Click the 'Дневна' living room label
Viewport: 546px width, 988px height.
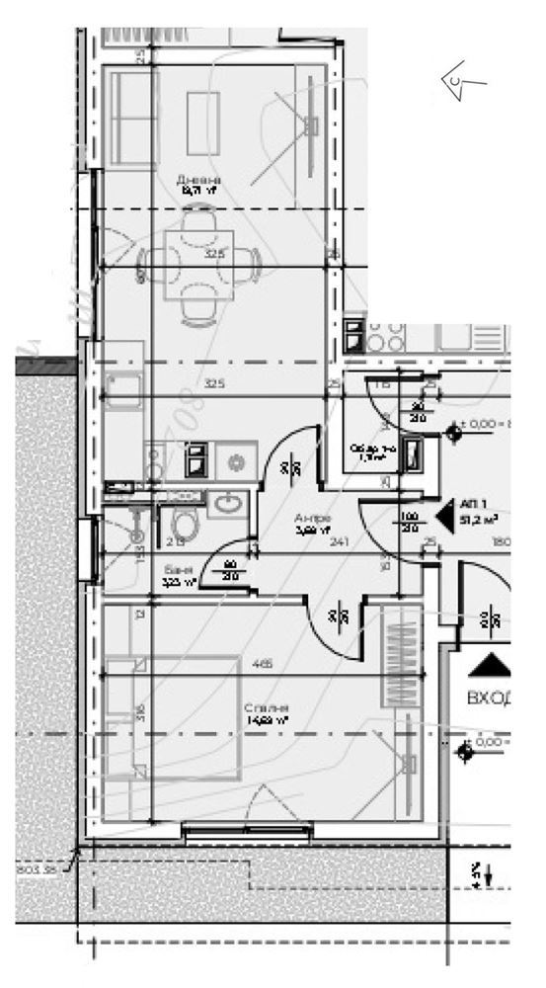tap(198, 181)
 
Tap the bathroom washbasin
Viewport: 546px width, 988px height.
tap(228, 505)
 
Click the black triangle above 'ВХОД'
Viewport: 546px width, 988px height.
tap(490, 664)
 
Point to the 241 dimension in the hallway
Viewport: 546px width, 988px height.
tap(341, 540)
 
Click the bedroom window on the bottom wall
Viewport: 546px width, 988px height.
tap(235, 830)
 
